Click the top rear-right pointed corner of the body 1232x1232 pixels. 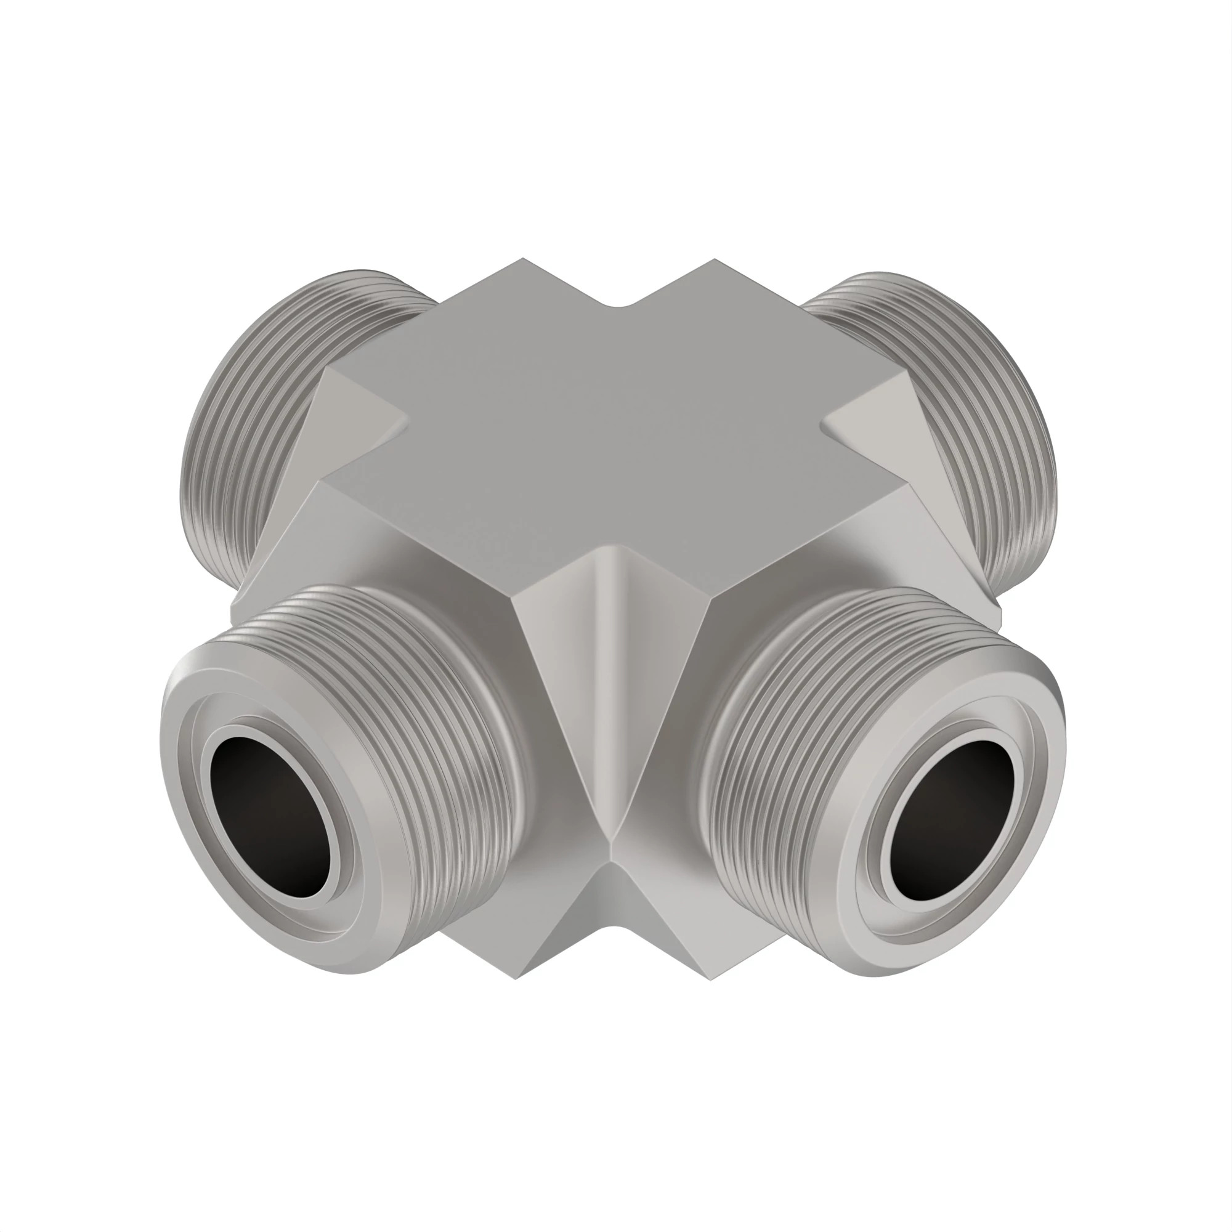[x=713, y=259]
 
